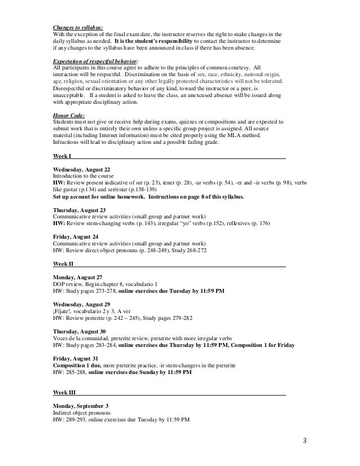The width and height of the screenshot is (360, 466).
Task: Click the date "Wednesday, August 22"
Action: [81, 169]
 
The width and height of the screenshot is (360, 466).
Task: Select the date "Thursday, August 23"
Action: [78, 210]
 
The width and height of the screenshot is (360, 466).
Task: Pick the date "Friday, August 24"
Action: [75, 237]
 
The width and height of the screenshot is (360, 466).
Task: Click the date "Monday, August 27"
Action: [77, 278]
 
